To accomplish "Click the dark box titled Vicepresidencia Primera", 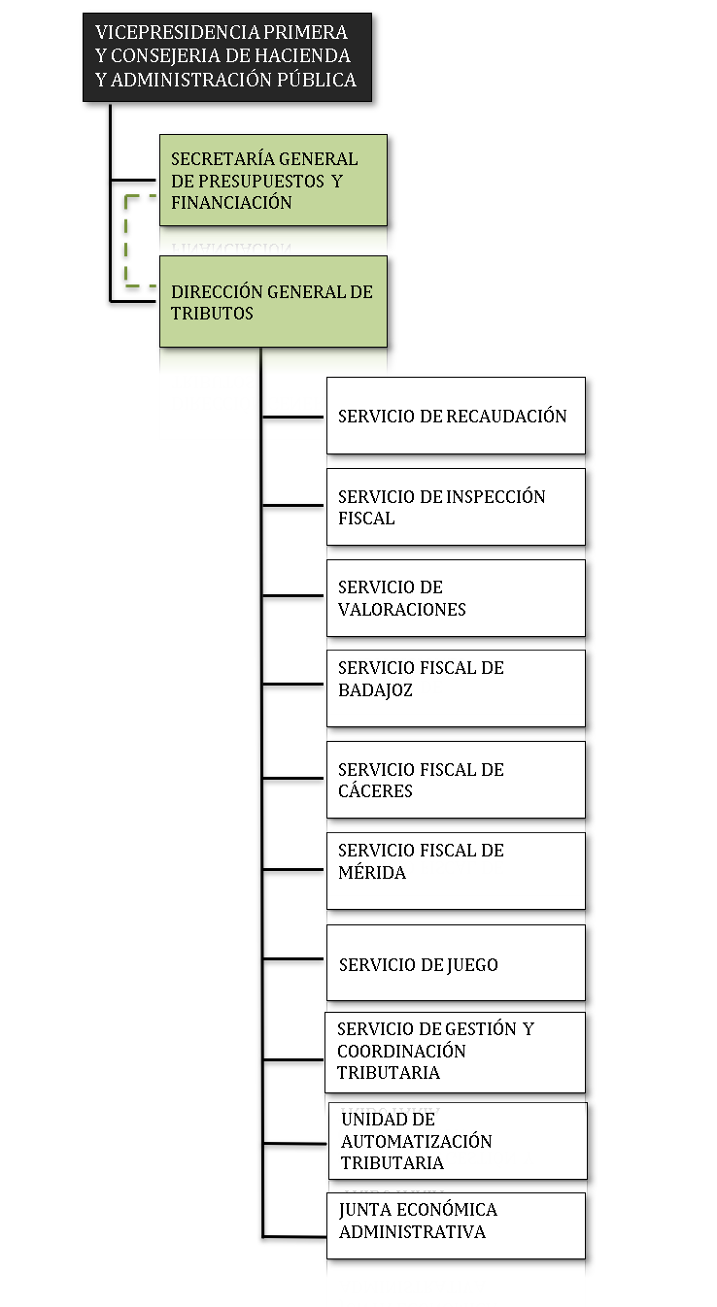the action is pyautogui.click(x=227, y=57).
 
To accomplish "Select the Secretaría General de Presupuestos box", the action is pyautogui.click(x=273, y=181).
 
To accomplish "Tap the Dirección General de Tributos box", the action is pyautogui.click(x=273, y=302).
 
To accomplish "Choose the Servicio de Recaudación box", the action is pyautogui.click(x=456, y=416).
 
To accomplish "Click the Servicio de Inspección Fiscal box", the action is pyautogui.click(x=456, y=507).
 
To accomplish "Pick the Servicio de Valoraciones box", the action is pyautogui.click(x=456, y=598).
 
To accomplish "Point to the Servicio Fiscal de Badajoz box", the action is pyautogui.click(x=456, y=688).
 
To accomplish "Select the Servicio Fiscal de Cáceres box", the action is pyautogui.click(x=456, y=780).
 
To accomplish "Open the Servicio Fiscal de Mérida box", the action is pyautogui.click(x=456, y=871).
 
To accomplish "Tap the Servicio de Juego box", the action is pyautogui.click(x=456, y=962).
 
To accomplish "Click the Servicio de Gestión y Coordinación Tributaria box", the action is pyautogui.click(x=456, y=1053).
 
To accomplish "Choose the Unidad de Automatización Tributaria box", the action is pyautogui.click(x=458, y=1141).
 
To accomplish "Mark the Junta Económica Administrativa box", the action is pyautogui.click(x=456, y=1225).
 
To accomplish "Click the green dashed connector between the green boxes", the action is pyautogui.click(x=126, y=241).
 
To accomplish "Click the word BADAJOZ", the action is pyautogui.click(x=375, y=690).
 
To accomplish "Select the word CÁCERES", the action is pyautogui.click(x=375, y=790).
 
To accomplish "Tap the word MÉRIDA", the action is pyautogui.click(x=372, y=872).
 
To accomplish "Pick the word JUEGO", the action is pyautogui.click(x=472, y=965).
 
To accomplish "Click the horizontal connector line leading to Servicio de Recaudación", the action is pyautogui.click(x=292, y=418).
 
